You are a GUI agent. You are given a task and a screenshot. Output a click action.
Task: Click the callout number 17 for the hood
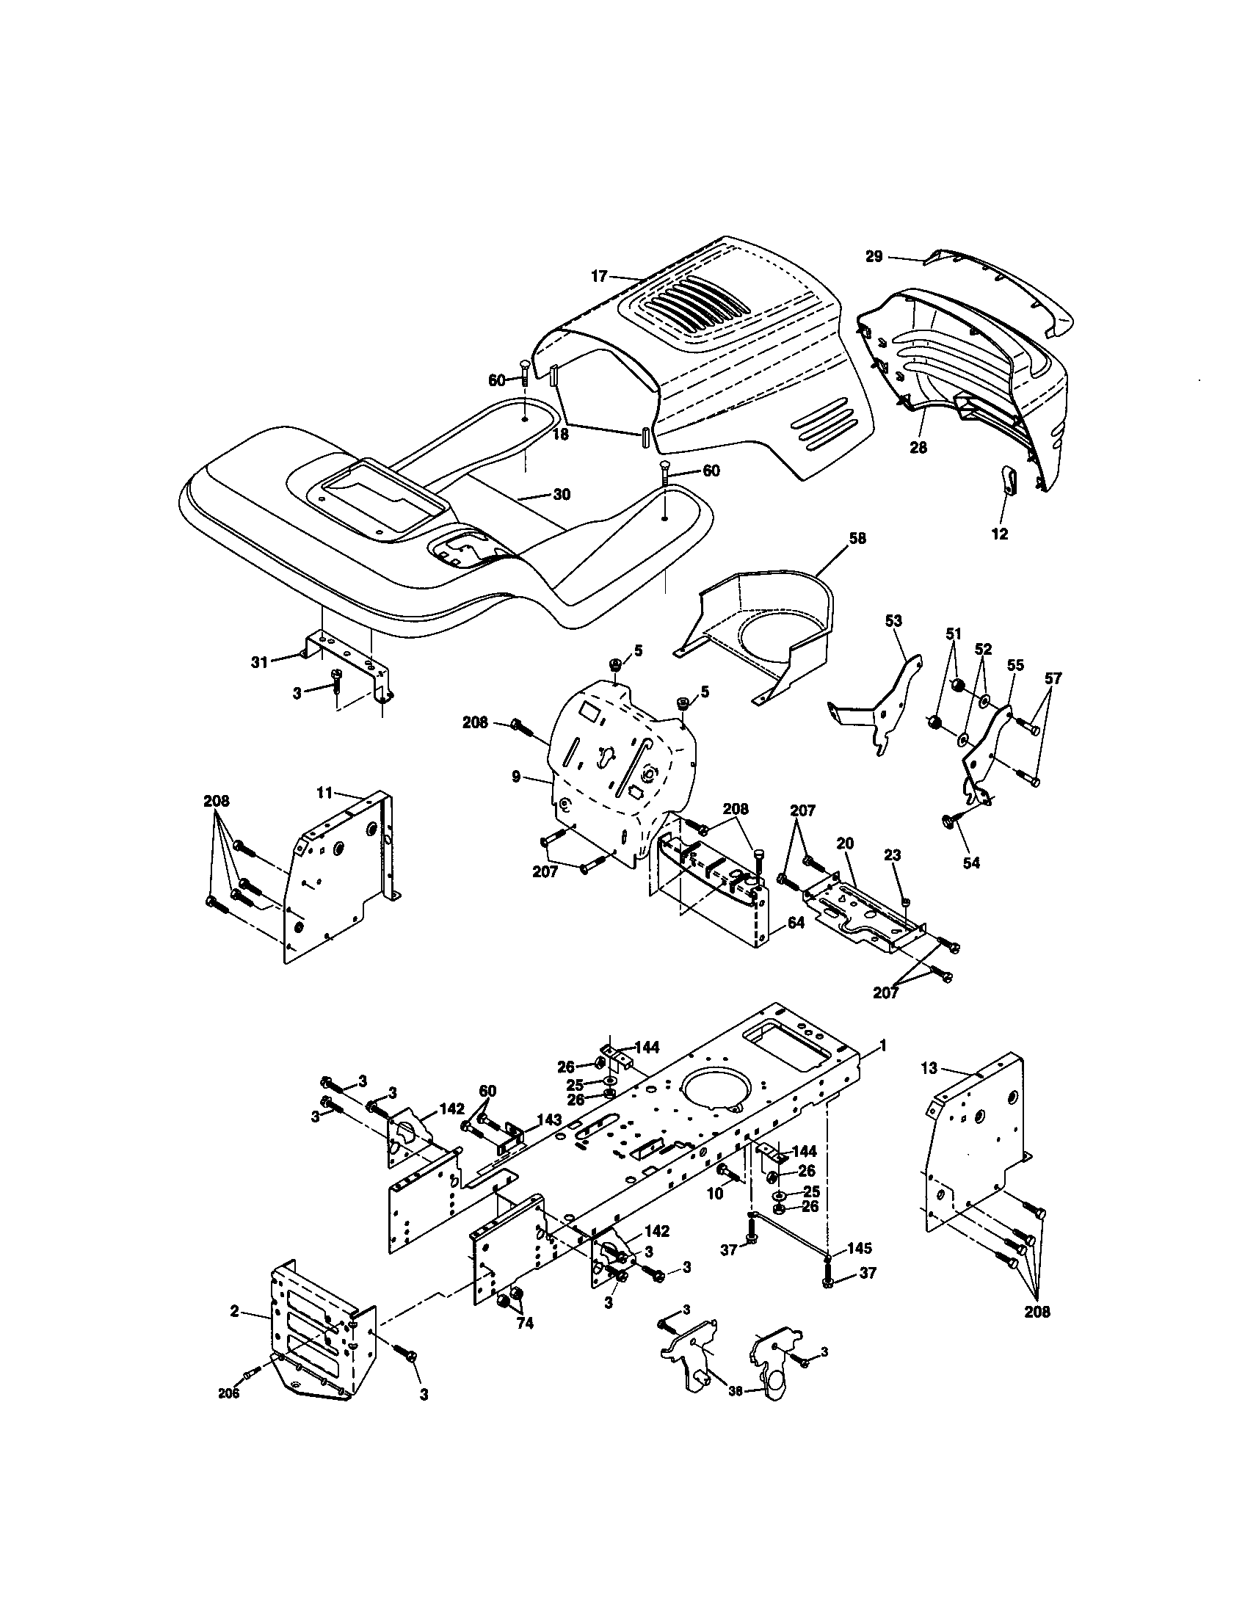(598, 276)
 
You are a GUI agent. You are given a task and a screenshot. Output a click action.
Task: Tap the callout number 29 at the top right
(873, 256)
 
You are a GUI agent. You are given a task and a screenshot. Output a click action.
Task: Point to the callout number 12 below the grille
(999, 534)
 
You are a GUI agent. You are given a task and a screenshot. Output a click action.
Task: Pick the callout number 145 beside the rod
(859, 1247)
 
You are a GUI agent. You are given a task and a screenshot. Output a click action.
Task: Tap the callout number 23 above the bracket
(893, 854)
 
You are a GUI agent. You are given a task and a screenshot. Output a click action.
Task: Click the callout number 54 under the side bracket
(970, 863)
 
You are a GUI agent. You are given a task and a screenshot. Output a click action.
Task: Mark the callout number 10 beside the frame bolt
(714, 1194)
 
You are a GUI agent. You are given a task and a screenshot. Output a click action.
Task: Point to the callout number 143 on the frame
(548, 1119)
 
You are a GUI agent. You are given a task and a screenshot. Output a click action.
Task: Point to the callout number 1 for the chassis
(882, 1045)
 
